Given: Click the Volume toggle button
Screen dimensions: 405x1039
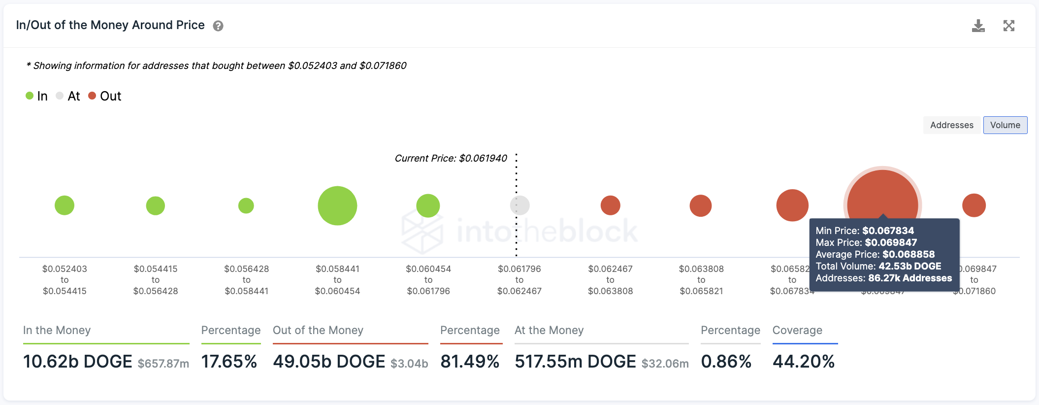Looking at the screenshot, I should coord(1005,125).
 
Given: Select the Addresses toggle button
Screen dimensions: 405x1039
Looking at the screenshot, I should coord(951,125).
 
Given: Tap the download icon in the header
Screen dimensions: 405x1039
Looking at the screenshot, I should coord(978,26).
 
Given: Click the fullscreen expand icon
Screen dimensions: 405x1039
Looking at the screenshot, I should coord(1009,26).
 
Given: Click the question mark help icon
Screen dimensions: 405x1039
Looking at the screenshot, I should coord(218,26).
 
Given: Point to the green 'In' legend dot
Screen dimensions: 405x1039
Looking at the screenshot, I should coord(30,96).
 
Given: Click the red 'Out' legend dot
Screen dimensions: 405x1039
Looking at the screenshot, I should coord(92,96).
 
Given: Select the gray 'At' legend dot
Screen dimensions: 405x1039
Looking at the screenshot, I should coord(60,96).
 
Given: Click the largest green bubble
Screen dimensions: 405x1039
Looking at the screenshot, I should coord(337,205).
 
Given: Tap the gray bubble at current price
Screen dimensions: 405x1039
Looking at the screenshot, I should coord(519,205).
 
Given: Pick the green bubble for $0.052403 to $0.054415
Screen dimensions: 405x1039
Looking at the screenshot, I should coord(65,205).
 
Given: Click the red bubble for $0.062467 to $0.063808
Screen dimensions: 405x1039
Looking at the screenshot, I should coord(610,205).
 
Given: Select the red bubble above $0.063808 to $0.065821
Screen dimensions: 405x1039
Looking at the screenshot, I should coord(701,205).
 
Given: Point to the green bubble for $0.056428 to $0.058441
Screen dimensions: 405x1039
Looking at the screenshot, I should coord(246,205).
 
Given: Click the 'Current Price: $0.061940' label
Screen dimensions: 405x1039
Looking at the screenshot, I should coord(451,158).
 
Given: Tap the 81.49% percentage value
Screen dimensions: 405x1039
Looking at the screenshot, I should coord(470,362).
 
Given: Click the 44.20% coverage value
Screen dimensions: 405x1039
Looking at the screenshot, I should coord(803,362).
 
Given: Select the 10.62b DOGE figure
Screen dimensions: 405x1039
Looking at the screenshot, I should coord(78,362).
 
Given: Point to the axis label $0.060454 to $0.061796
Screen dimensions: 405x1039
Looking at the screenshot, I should coord(428,280).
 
